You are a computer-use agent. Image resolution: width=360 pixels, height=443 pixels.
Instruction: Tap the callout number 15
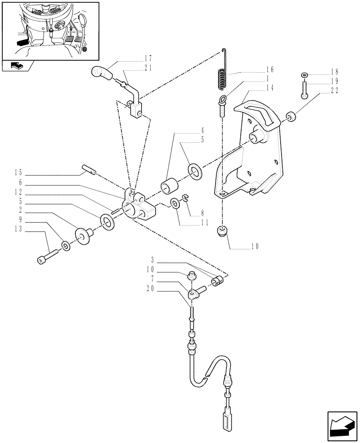(x=18, y=172)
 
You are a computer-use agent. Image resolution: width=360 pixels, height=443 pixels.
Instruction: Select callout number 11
(x=204, y=224)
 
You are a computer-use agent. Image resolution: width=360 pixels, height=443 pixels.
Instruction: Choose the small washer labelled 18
(x=304, y=74)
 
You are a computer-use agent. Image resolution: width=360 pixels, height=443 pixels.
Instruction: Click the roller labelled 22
(x=291, y=117)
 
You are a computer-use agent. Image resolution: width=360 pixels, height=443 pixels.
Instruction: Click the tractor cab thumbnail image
(x=50, y=30)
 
